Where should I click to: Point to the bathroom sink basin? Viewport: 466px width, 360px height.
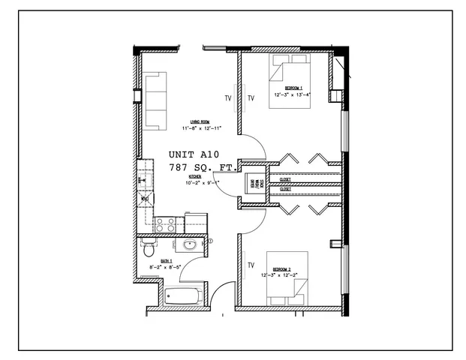coord(189,245)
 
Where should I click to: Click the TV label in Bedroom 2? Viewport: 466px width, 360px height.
coord(251,265)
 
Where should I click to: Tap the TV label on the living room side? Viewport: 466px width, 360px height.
coord(227,98)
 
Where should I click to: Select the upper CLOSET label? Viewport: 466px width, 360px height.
coord(285,180)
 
